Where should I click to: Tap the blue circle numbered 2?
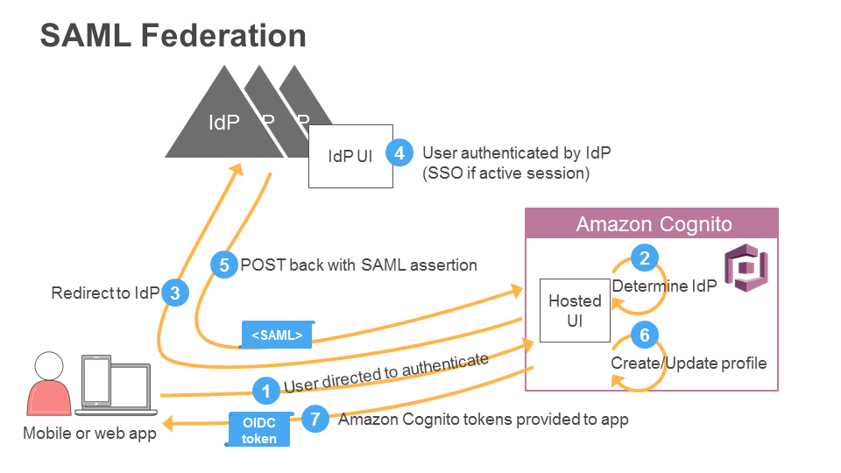[x=645, y=258]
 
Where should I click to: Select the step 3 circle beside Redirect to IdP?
[x=175, y=293]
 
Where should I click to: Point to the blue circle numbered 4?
[x=399, y=152]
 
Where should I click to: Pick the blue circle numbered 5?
[x=224, y=265]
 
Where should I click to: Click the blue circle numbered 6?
[x=645, y=335]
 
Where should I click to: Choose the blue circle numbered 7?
[x=315, y=419]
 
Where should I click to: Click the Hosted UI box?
[x=575, y=311]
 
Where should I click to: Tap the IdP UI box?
[x=350, y=156]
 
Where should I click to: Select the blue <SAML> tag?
[x=277, y=335]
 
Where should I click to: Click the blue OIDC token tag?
[x=259, y=429]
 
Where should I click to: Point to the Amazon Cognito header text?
[x=654, y=225]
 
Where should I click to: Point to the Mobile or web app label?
[x=89, y=434]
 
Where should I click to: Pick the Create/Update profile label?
[x=689, y=363]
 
